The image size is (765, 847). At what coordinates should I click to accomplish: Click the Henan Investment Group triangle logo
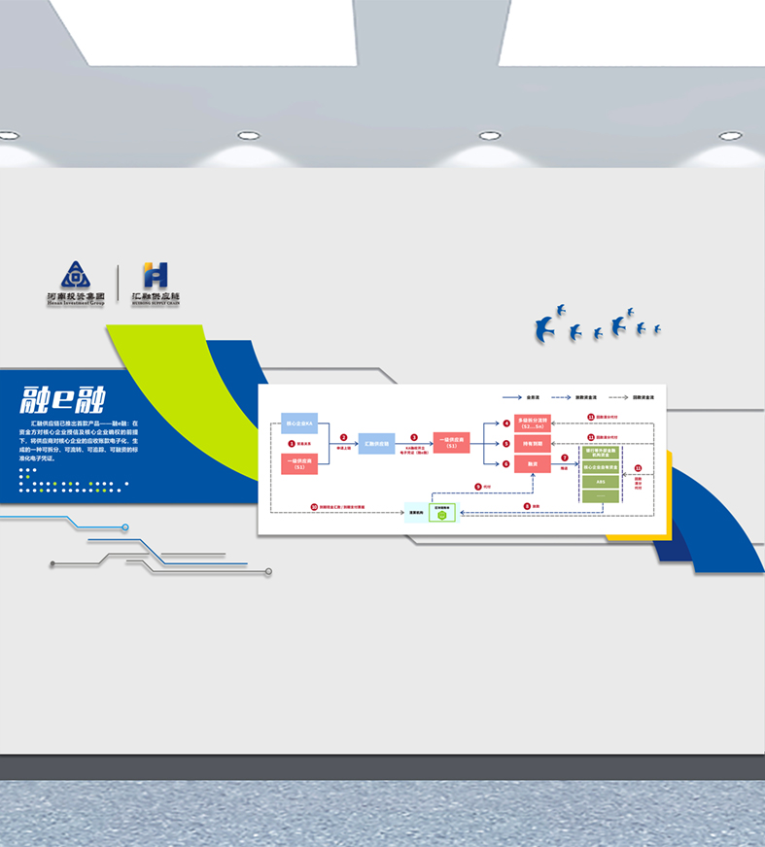click(x=75, y=276)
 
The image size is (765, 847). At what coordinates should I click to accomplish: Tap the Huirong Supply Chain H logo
click(x=156, y=276)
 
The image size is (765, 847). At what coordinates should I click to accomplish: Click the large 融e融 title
click(x=63, y=400)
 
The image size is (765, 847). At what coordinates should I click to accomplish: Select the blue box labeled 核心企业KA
click(x=299, y=423)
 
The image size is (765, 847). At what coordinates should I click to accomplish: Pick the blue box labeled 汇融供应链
click(x=377, y=444)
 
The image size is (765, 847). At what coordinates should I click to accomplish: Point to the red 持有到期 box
click(x=533, y=443)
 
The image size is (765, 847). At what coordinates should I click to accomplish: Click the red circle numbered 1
click(x=291, y=443)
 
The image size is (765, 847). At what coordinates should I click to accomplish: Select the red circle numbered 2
click(x=343, y=437)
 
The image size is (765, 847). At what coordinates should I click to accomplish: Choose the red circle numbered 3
click(x=414, y=437)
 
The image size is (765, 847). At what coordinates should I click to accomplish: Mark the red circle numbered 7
click(x=565, y=457)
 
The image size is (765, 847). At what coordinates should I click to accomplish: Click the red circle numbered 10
click(x=314, y=506)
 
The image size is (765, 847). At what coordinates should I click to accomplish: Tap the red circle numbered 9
click(x=477, y=486)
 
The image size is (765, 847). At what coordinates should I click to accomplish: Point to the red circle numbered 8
click(x=526, y=506)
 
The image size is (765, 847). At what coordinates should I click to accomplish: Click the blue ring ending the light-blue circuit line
click(x=125, y=527)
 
